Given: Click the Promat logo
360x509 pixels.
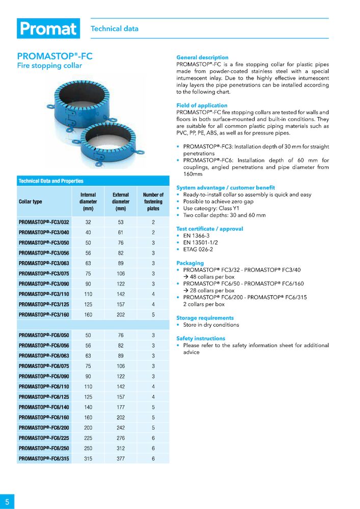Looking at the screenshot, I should [x=48, y=29].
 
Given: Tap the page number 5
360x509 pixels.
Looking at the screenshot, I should [x=7, y=501].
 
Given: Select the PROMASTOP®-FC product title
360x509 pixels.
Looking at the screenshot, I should [x=54, y=56].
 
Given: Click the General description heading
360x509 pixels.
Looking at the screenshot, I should [x=202, y=58].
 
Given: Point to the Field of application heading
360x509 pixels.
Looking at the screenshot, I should [x=202, y=105].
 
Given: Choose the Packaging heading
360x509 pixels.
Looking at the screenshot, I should [x=190, y=263].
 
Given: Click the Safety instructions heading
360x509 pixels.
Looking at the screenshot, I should [x=201, y=338].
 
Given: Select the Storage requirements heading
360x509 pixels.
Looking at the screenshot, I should [x=205, y=318].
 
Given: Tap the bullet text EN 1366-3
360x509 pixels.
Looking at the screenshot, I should [x=196, y=236].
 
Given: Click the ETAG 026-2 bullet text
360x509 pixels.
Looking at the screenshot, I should [x=198, y=249].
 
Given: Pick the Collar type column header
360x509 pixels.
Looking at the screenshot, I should [x=31, y=202].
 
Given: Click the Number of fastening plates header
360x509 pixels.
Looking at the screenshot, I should [x=153, y=202].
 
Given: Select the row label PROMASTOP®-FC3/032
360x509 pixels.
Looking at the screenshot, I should [x=44, y=222].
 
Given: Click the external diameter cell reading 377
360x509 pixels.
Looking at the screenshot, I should [x=121, y=459].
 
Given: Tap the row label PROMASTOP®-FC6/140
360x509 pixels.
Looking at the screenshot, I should [x=44, y=407].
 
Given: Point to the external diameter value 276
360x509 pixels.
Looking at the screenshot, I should [x=121, y=438].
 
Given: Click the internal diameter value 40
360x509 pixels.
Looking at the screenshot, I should [x=88, y=233].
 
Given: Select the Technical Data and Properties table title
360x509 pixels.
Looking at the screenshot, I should [x=51, y=181].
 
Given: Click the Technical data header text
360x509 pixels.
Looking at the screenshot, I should [x=115, y=29].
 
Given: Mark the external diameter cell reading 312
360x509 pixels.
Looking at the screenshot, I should [x=121, y=448].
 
